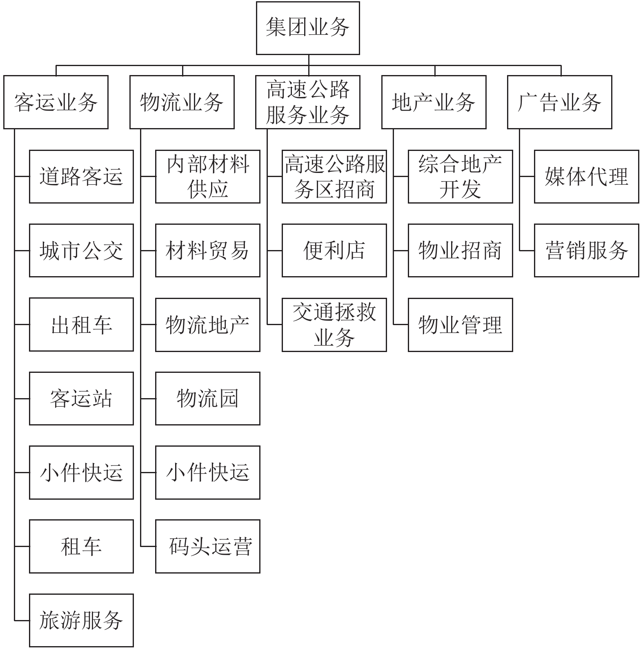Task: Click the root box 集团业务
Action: pos(307,28)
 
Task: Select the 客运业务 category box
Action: pos(56,102)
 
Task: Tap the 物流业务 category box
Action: pos(182,102)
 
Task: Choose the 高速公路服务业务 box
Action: pos(307,102)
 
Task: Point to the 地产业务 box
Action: pos(434,102)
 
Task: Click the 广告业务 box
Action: pos(559,102)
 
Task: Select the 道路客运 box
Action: pos(81,176)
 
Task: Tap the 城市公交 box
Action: pos(81,250)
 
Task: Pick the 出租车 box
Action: pos(81,324)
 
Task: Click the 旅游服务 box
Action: pos(81,620)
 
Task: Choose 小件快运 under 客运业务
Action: pos(81,472)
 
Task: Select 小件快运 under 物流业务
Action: pos(207,472)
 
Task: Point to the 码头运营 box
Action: pos(207,546)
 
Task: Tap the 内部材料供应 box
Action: pos(207,176)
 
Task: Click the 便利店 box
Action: pos(334,250)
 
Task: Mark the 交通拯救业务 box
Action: pos(334,324)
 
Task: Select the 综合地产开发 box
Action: pos(460,176)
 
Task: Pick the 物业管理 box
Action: pos(460,324)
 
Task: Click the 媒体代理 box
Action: pos(586,176)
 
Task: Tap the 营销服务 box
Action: pos(586,250)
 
